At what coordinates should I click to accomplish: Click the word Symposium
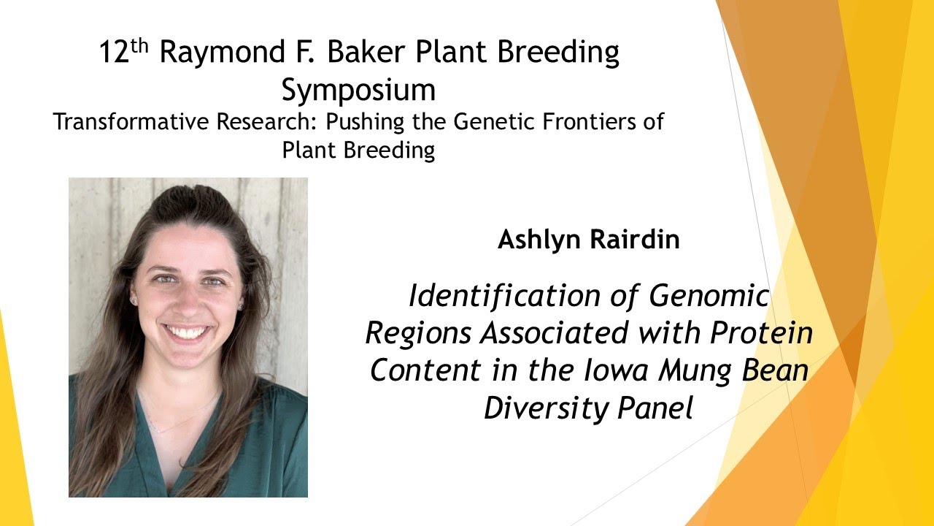(x=358, y=91)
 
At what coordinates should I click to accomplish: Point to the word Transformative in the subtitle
(x=131, y=121)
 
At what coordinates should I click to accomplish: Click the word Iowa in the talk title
(x=614, y=370)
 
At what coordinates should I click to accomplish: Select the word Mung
(x=695, y=370)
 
